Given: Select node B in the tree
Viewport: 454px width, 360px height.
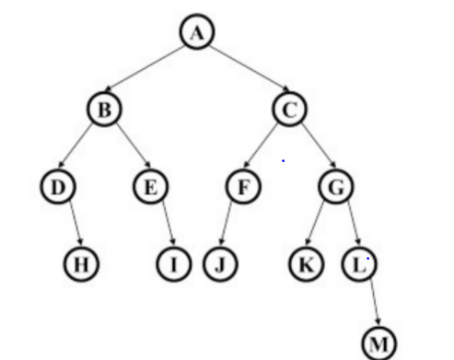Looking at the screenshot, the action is click(104, 110).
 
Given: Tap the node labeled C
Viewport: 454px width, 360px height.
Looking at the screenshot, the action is click(287, 110).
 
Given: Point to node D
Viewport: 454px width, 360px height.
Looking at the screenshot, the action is click(56, 187).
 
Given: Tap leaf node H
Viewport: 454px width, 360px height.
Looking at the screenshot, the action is click(80, 264).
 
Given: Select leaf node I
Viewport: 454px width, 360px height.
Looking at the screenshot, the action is click(172, 264).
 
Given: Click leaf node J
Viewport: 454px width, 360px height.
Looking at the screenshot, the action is click(219, 264).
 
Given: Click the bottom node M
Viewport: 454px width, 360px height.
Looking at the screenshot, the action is click(379, 343).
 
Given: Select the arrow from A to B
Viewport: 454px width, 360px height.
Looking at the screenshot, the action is click(149, 71).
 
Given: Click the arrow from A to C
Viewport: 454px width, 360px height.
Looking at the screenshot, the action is click(241, 71).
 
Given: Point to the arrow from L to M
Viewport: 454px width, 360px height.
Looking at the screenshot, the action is click(370, 303).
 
